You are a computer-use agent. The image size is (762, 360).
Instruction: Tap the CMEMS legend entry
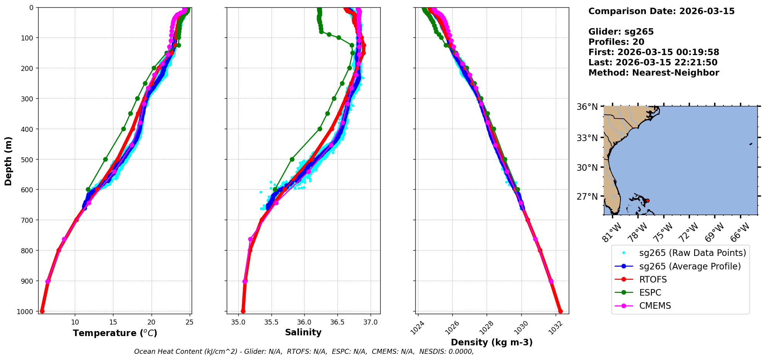[655, 306]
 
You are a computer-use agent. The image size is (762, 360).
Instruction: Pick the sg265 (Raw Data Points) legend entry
[692, 253]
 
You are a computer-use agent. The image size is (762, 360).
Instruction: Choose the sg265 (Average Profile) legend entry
[690, 266]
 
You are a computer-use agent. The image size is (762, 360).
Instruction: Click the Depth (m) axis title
[8, 161]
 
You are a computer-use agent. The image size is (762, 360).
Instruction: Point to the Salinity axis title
[303, 332]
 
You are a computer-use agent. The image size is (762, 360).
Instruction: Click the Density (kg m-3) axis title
[492, 342]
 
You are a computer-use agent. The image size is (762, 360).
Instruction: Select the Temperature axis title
[115, 333]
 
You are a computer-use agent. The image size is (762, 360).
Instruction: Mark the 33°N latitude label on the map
[587, 138]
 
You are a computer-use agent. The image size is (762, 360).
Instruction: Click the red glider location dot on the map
[647, 200]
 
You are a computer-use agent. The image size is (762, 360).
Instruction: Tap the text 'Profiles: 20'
[616, 42]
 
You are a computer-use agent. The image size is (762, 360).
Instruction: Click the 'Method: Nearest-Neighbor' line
[654, 73]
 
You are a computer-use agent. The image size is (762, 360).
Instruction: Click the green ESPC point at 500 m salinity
[292, 159]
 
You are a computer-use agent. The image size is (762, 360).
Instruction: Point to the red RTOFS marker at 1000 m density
[560, 311]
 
